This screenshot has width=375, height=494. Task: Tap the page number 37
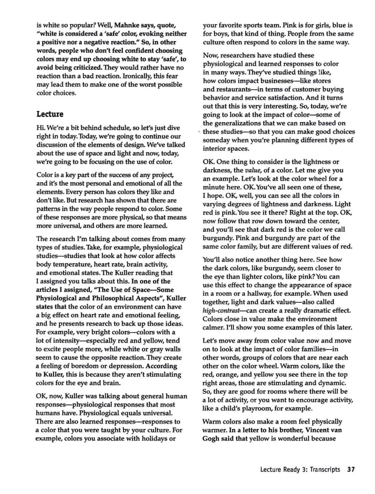coord(351,469)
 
